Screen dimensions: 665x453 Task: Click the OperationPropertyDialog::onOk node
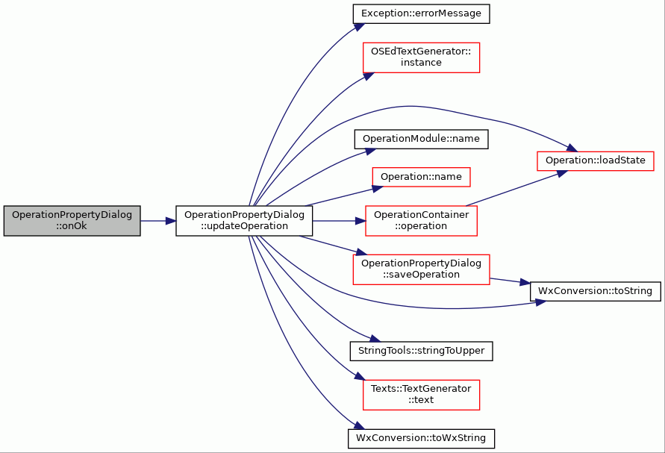point(72,221)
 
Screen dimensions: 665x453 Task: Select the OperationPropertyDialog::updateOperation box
point(244,221)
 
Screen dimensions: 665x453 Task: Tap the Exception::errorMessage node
point(421,13)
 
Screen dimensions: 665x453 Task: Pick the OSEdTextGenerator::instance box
point(421,57)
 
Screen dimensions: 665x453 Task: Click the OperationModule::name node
point(421,139)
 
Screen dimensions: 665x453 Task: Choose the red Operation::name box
point(421,177)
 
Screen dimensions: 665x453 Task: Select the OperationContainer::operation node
point(421,221)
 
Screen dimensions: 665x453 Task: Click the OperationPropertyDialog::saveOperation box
point(421,269)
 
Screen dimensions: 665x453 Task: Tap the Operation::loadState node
point(596,160)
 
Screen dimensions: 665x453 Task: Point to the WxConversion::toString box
point(596,291)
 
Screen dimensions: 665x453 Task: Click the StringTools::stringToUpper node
point(421,352)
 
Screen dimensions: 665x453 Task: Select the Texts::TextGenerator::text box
point(421,395)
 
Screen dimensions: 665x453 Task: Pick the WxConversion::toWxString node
point(421,439)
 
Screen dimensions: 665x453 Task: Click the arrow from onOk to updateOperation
point(158,221)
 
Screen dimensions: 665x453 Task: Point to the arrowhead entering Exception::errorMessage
point(359,27)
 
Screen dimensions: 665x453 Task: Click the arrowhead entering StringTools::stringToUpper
point(375,338)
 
